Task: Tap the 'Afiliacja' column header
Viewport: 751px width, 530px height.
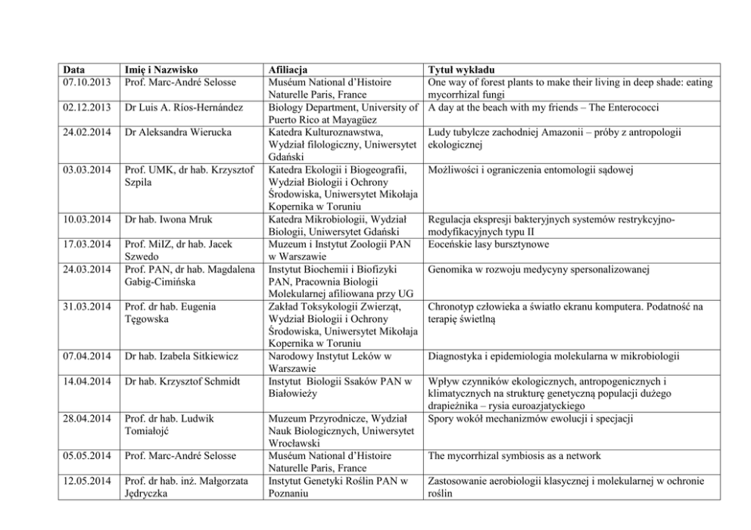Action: (x=288, y=70)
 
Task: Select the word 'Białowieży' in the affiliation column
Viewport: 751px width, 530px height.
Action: (x=293, y=393)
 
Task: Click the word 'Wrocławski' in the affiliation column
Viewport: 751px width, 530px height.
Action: (x=295, y=443)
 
